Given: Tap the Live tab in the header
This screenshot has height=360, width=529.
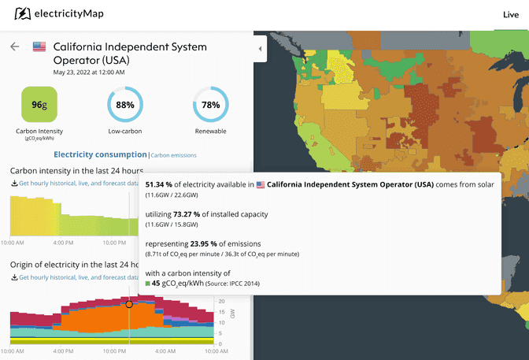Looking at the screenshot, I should click(x=511, y=14).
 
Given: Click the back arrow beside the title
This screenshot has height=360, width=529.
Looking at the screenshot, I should click(x=14, y=46).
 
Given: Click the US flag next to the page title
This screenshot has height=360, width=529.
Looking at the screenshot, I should click(x=39, y=46).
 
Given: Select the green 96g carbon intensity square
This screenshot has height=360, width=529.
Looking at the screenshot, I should click(x=38, y=105).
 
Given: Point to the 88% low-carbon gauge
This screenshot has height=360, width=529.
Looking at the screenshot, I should click(x=124, y=105).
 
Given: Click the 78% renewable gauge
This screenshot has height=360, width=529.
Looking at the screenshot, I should click(x=210, y=105).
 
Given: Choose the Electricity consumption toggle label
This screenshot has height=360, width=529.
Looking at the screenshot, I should click(x=99, y=154).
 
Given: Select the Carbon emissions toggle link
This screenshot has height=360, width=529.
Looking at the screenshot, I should click(x=173, y=155).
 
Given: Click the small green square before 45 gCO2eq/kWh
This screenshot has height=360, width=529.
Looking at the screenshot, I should click(x=147, y=284).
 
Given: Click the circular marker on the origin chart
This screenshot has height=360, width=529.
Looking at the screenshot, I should click(x=129, y=304).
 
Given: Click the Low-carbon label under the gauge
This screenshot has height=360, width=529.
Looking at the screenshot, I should click(x=124, y=131).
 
